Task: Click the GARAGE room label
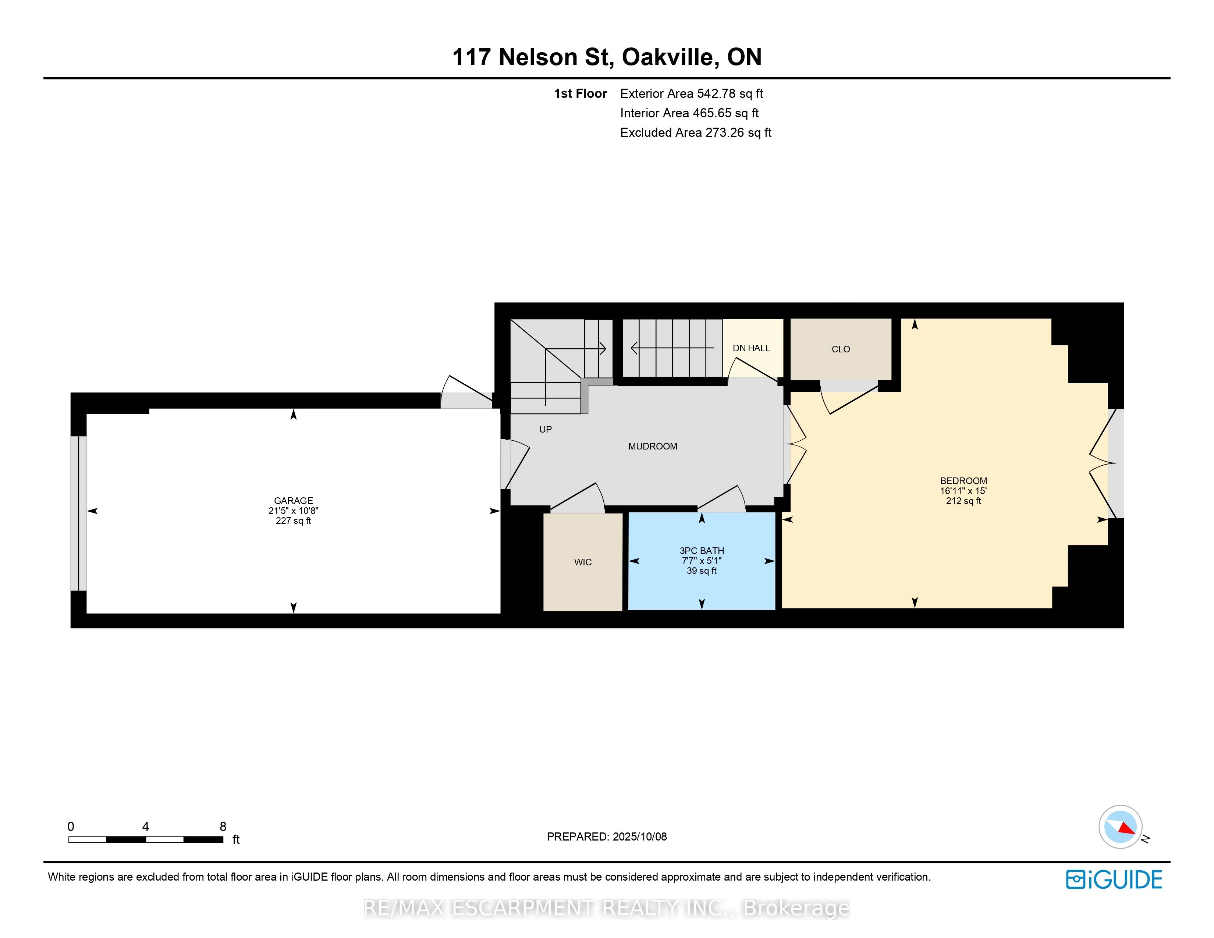coord(294,501)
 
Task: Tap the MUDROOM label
coord(653,446)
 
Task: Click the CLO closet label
coord(841,349)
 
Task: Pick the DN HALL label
coord(752,348)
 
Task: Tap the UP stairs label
coord(545,429)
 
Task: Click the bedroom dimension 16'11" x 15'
coord(963,491)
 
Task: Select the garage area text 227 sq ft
coord(294,520)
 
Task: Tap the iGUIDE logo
coord(1114,880)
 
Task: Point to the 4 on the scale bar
coord(146,826)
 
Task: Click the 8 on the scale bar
coord(223,826)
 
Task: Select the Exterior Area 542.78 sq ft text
coord(692,93)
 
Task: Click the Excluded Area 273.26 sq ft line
coord(696,132)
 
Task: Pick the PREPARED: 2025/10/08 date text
coord(607,836)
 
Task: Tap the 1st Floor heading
coord(580,93)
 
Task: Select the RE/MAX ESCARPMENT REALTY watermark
coord(606,908)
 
